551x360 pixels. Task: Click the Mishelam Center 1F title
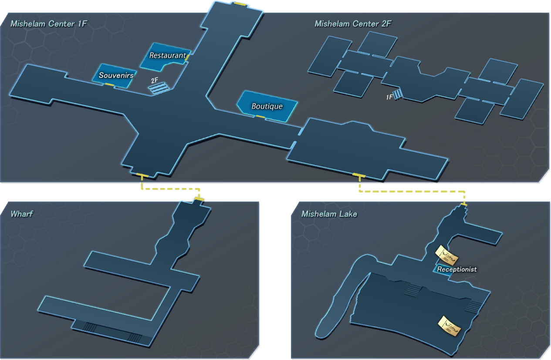pos(49,24)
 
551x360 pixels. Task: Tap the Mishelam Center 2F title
pos(353,24)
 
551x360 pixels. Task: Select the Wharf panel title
pos(22,214)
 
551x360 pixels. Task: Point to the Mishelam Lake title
pos(329,214)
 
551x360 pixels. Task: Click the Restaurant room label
pos(168,55)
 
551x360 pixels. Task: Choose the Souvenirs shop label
pos(116,75)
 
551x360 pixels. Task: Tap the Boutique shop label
pos(267,106)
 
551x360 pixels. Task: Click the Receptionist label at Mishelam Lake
pos(457,269)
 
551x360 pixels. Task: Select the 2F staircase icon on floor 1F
pos(159,88)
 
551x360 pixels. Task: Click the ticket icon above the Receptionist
pos(446,256)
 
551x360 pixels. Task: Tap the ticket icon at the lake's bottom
pos(450,326)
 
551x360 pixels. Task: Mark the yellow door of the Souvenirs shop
pos(109,84)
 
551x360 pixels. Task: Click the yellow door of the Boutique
pos(260,116)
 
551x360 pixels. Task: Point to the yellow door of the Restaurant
pos(187,57)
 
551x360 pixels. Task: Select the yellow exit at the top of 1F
pos(240,4)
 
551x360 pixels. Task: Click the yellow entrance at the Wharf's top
pos(199,199)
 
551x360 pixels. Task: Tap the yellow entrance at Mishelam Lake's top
pos(464,204)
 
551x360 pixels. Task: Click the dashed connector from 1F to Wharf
pos(171,189)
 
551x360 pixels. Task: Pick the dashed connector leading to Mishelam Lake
pos(412,191)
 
